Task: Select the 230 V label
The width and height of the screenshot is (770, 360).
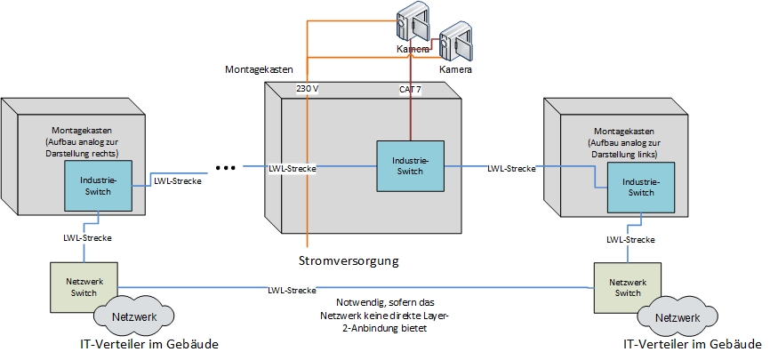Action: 307,89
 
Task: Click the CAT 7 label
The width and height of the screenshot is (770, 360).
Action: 411,89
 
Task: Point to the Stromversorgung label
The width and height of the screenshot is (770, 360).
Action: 349,260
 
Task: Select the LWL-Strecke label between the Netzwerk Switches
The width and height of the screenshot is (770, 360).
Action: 293,290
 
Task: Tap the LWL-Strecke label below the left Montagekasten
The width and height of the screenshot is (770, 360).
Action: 85,238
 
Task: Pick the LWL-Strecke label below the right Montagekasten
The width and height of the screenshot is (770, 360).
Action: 630,239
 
